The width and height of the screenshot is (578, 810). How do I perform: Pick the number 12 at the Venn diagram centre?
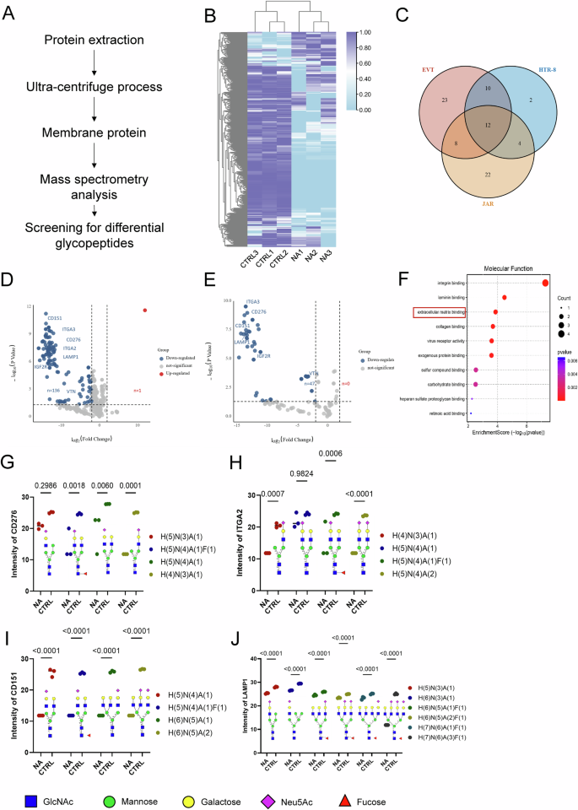pos(484,125)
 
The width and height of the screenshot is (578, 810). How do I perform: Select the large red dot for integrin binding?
pos(545,283)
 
